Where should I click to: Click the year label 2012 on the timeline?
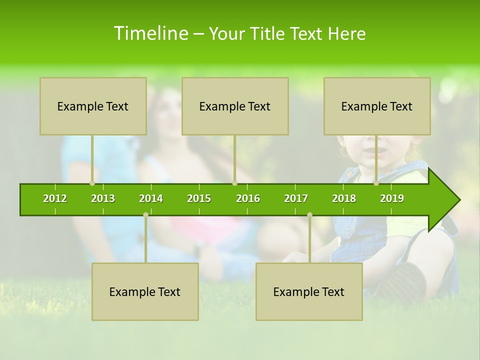55,198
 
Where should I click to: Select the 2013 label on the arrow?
103,198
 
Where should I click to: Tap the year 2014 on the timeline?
151,198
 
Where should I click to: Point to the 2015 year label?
199,198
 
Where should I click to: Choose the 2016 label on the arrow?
248,198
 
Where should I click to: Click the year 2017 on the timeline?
296,198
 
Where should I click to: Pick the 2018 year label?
344,198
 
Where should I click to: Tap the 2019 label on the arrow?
392,198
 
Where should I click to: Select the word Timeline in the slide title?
150,33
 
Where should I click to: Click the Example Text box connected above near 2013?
93,106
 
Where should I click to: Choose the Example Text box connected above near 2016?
235,106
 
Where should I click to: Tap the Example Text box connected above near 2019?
377,106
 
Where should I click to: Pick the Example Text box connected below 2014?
145,291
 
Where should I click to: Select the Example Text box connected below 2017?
309,291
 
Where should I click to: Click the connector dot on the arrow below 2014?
145,214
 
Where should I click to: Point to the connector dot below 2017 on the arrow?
309,214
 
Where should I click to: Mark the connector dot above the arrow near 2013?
92,183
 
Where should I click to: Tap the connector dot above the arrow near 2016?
234,183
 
